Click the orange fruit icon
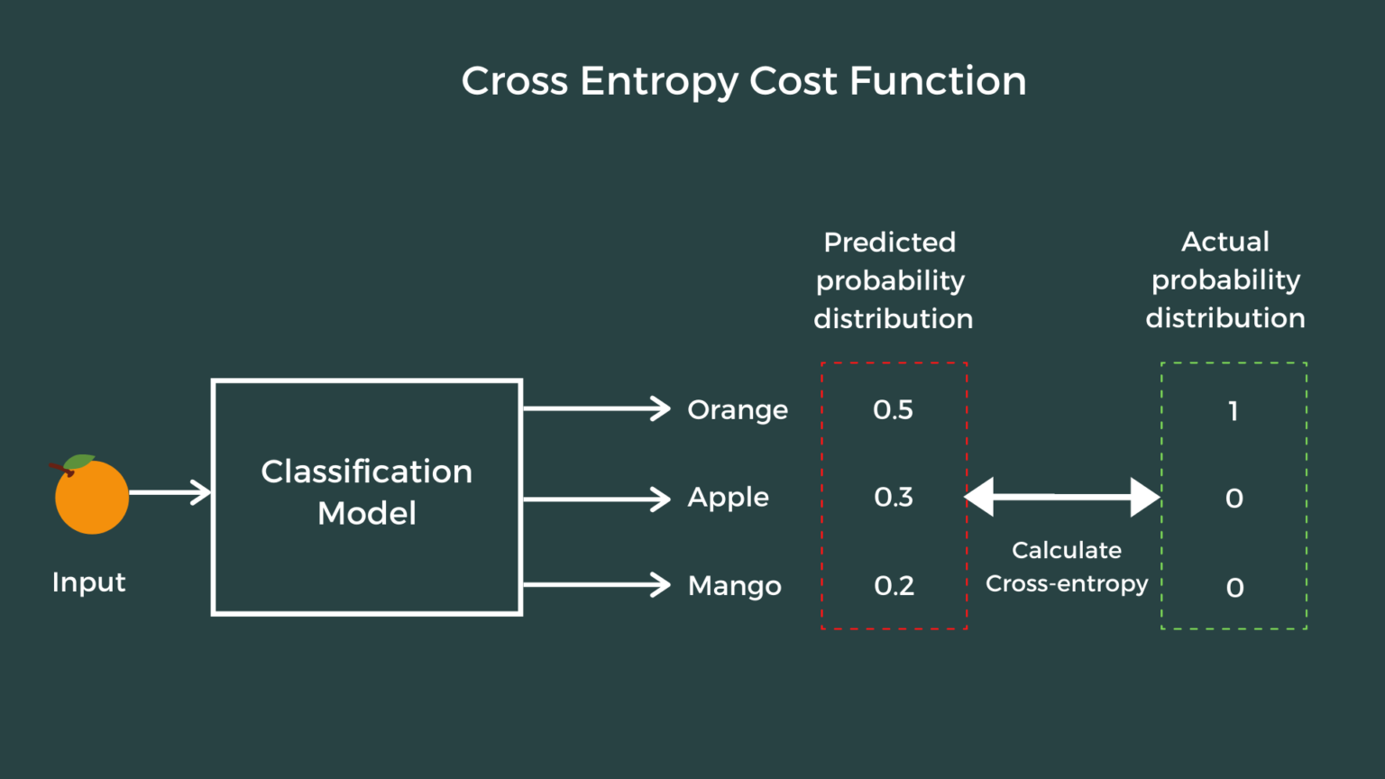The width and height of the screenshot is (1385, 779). point(92,498)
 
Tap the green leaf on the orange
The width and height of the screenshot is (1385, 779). point(79,462)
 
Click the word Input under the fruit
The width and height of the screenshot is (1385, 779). point(88,582)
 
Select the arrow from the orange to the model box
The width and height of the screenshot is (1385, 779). point(170,492)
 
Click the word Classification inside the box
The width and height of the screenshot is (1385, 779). point(366,472)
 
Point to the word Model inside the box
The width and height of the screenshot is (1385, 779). point(367,513)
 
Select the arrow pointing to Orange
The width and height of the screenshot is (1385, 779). point(596,408)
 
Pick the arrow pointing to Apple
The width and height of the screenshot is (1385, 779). point(596,499)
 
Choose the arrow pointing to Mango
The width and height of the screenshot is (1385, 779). point(596,585)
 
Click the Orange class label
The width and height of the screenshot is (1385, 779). point(738,410)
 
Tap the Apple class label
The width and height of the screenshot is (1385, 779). point(728,498)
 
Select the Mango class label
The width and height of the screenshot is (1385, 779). point(734,586)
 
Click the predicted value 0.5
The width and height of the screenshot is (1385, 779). point(893,410)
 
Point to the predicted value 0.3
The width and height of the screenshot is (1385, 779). point(893,497)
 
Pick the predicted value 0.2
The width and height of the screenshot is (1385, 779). point(894,586)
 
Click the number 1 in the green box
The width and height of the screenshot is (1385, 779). point(1233,411)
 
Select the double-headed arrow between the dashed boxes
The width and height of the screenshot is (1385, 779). point(1062,497)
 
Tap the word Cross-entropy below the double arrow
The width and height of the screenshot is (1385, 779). point(1067,584)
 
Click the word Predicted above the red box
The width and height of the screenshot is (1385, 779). point(889,242)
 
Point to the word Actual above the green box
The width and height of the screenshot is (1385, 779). point(1224,242)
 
